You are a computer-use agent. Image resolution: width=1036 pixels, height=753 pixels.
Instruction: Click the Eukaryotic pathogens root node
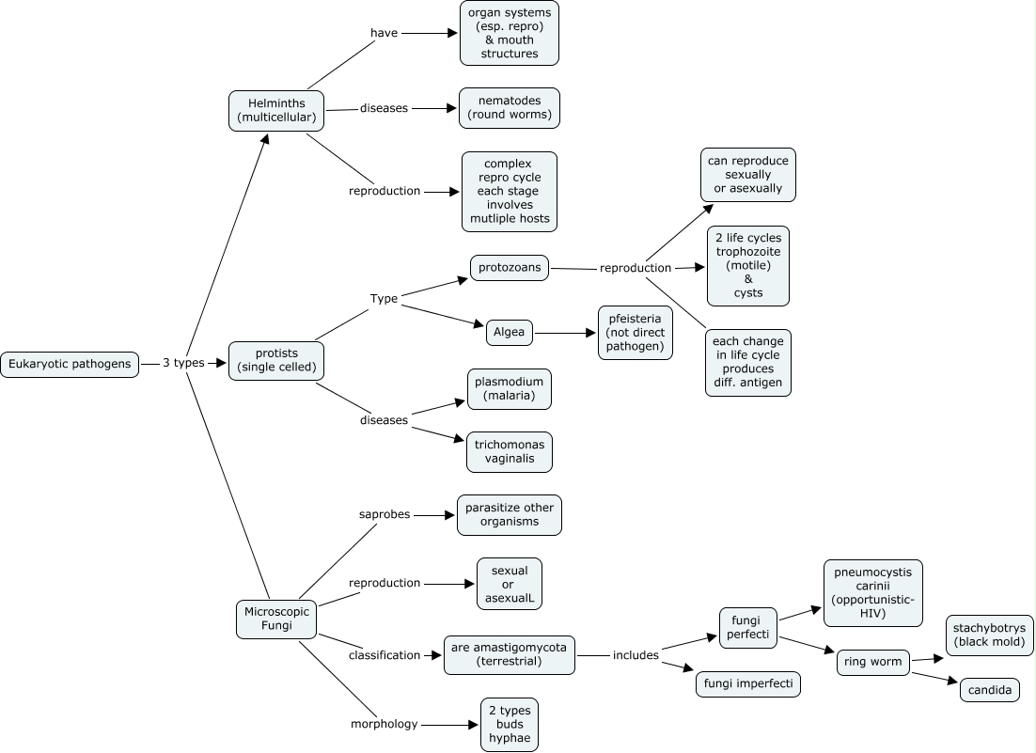pyautogui.click(x=70, y=364)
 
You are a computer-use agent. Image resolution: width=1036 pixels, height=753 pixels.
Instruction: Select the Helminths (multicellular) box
pyautogui.click(x=276, y=110)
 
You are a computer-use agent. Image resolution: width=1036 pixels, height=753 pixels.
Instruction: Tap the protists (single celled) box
pyautogui.click(x=276, y=360)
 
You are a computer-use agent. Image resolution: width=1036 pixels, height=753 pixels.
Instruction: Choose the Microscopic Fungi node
pyautogui.click(x=276, y=619)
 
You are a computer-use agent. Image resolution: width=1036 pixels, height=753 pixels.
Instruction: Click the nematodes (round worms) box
pyautogui.click(x=509, y=108)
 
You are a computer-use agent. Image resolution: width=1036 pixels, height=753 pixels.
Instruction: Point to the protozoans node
pyautogui.click(x=509, y=267)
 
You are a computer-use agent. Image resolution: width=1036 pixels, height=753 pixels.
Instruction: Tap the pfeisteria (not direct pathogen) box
pyautogui.click(x=636, y=333)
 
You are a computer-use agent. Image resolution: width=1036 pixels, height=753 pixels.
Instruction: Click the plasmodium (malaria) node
pyautogui.click(x=509, y=388)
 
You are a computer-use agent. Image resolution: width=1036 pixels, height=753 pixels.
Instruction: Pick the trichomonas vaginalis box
pyautogui.click(x=509, y=451)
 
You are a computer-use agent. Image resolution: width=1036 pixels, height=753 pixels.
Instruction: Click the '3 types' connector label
pyautogui.click(x=183, y=363)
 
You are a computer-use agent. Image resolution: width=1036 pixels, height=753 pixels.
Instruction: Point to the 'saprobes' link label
pyautogui.click(x=385, y=514)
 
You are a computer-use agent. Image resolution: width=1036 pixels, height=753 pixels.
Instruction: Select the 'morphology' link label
pyautogui.click(x=384, y=724)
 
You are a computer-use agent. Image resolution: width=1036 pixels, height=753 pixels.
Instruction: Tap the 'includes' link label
pyautogui.click(x=636, y=655)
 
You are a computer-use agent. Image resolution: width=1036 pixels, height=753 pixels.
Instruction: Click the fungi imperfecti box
pyautogui.click(x=747, y=684)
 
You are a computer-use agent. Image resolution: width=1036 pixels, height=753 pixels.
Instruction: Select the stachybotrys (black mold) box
pyautogui.click(x=990, y=635)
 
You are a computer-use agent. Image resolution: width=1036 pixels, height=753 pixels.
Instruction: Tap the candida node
pyautogui.click(x=989, y=690)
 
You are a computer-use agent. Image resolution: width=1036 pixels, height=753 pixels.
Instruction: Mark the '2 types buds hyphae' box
pyautogui.click(x=509, y=724)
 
